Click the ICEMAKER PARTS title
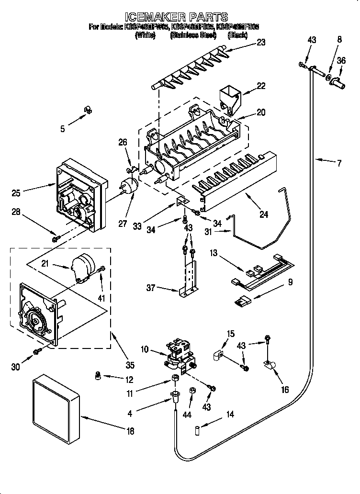click(180, 18)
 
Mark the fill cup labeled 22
click(230, 98)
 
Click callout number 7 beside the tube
click(339, 163)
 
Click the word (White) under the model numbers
click(146, 35)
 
